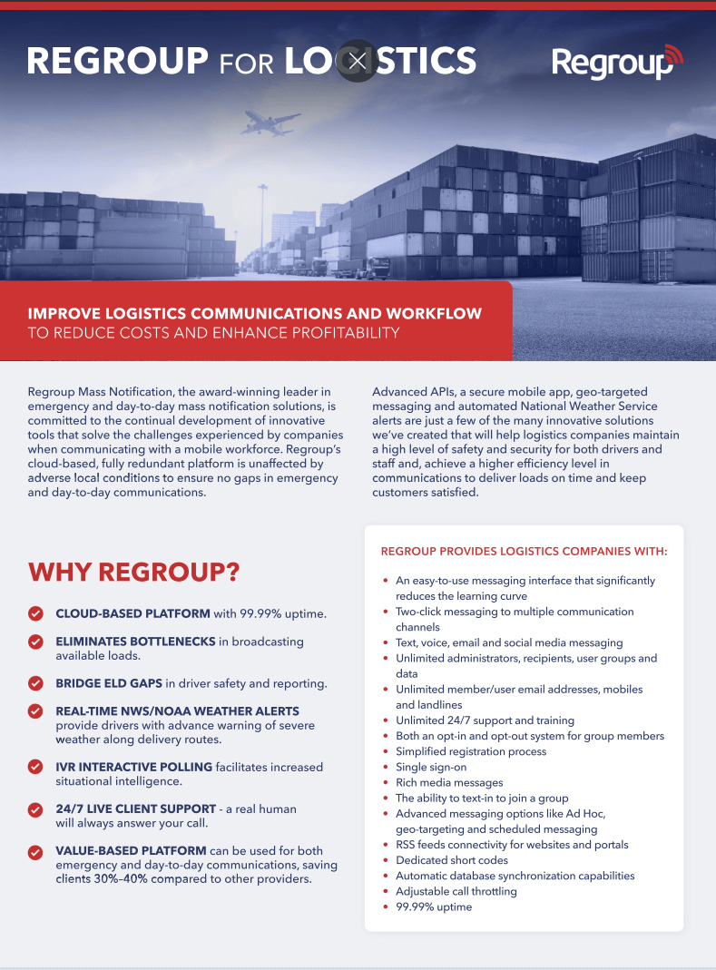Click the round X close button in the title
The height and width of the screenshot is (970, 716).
click(358, 61)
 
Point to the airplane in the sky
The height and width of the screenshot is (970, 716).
click(270, 122)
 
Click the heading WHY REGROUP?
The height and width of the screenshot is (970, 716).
click(133, 573)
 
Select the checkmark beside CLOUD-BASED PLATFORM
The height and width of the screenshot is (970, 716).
click(35, 614)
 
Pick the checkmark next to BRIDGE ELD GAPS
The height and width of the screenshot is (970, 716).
click(35, 683)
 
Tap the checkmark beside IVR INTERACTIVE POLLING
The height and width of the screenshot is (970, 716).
click(35, 768)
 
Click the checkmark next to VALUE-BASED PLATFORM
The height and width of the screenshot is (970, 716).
click(35, 852)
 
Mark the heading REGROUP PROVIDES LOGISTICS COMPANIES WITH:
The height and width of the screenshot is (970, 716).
click(524, 551)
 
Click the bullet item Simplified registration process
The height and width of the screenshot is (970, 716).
click(471, 751)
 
